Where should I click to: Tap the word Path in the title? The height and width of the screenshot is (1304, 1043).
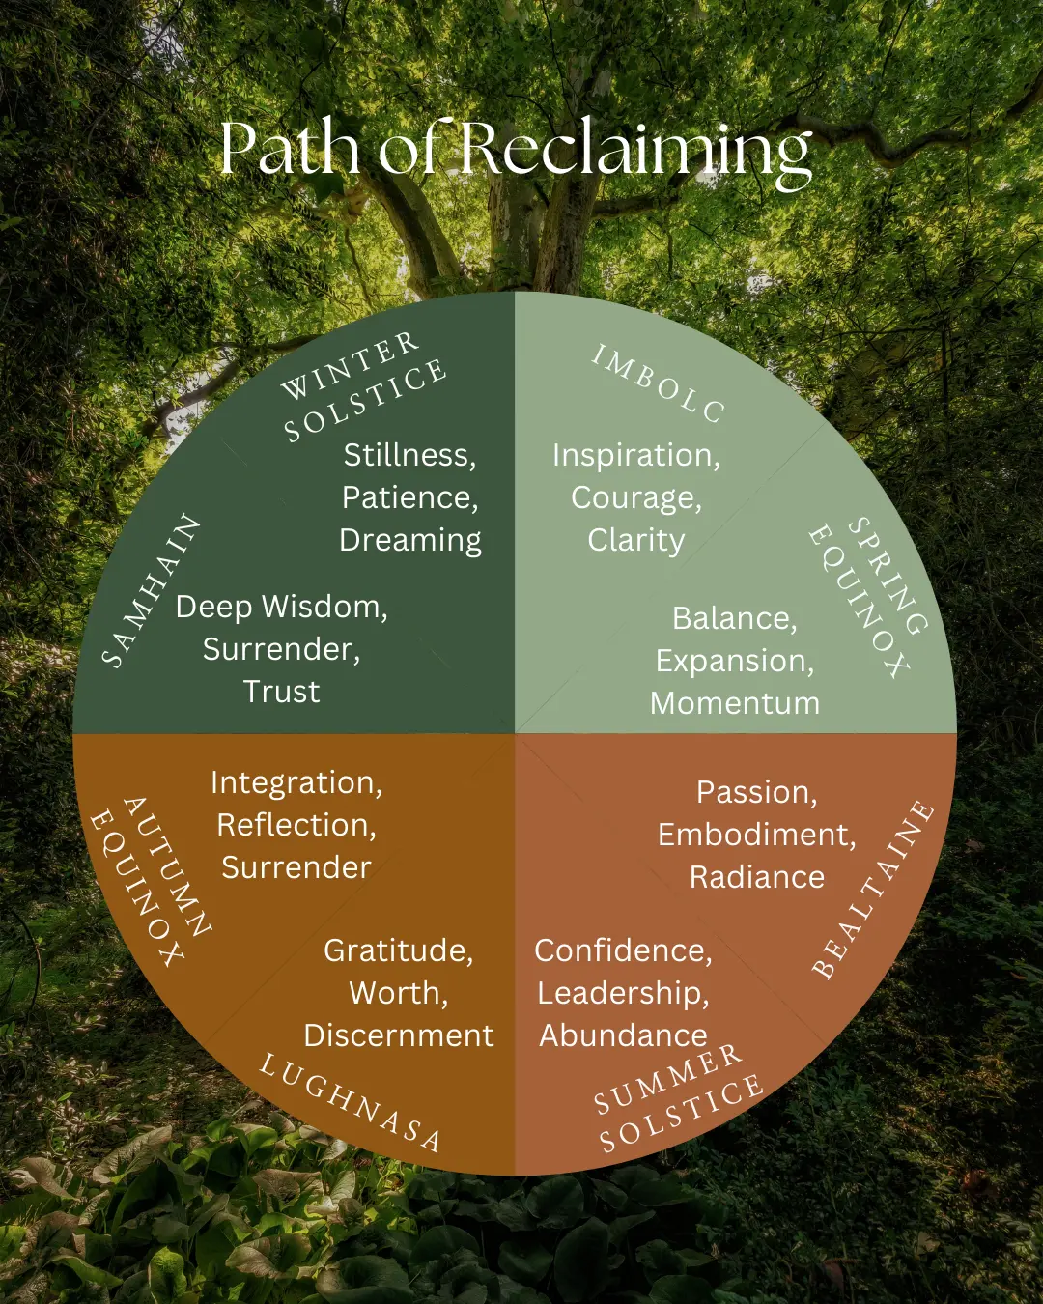pyautogui.click(x=290, y=149)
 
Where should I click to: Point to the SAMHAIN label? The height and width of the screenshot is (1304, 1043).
pyautogui.click(x=152, y=590)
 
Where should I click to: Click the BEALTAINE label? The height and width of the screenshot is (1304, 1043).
pyautogui.click(x=873, y=889)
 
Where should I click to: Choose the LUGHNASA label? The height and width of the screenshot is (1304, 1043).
pyautogui.click(x=351, y=1102)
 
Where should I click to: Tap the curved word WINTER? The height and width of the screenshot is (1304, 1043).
pyautogui.click(x=350, y=366)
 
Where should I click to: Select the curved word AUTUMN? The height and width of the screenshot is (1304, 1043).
pyautogui.click(x=168, y=865)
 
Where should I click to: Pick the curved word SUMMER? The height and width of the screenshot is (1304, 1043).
pyautogui.click(x=666, y=1078)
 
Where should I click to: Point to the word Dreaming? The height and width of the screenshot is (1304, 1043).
pyautogui.click(x=410, y=541)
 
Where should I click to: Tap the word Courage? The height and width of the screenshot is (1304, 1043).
pyautogui.click(x=634, y=498)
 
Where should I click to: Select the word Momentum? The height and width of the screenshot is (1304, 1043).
pyautogui.click(x=735, y=703)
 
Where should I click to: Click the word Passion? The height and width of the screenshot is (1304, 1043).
pyautogui.click(x=755, y=792)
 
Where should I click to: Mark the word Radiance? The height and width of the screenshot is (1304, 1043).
pyautogui.click(x=757, y=877)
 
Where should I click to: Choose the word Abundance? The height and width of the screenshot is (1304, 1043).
pyautogui.click(x=623, y=1035)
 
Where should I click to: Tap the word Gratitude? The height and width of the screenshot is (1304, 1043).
pyautogui.click(x=397, y=951)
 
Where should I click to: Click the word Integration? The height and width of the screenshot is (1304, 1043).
pyautogui.click(x=296, y=783)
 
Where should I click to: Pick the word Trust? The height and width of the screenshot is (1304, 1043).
pyautogui.click(x=281, y=692)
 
